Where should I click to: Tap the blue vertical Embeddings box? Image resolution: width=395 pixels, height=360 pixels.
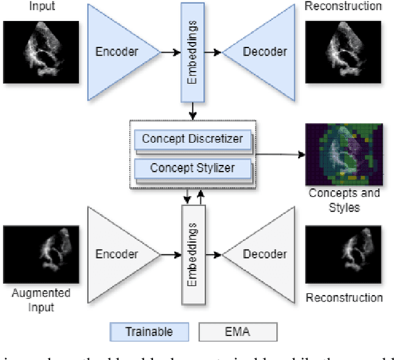pyautogui.click(x=192, y=52)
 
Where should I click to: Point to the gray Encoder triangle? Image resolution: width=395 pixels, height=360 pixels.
pyautogui.click(x=117, y=254)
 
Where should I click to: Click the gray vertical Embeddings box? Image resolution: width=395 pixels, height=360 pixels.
pyautogui.click(x=192, y=254)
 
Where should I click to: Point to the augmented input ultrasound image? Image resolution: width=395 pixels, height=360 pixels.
pyautogui.click(x=41, y=254)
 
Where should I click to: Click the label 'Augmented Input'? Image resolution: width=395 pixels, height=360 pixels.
pyautogui.click(x=41, y=299)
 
